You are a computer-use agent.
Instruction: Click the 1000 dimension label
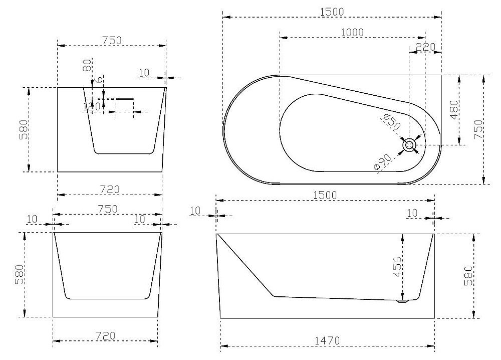click(x=352, y=33)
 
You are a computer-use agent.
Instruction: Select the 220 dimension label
click(x=425, y=47)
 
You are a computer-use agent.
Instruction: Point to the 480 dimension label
click(x=454, y=110)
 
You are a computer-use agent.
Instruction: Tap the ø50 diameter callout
click(x=391, y=121)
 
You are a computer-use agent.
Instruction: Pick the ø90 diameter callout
click(x=382, y=162)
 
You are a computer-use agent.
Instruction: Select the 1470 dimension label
click(x=327, y=341)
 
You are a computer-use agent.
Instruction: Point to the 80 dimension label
click(x=87, y=65)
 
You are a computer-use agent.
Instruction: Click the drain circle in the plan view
click(x=409, y=145)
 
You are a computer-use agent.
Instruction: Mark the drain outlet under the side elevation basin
click(x=403, y=301)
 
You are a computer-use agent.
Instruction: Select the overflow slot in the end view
click(x=125, y=99)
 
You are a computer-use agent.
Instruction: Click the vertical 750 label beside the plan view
click(x=478, y=129)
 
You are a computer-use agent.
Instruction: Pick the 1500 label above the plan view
click(x=332, y=12)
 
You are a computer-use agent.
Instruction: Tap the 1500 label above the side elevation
click(x=325, y=195)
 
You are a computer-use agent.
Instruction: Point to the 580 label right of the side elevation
click(x=468, y=276)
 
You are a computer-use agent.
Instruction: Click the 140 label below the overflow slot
click(x=92, y=106)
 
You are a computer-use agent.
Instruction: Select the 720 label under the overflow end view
click(x=110, y=190)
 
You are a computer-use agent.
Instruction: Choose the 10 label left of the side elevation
click(x=195, y=211)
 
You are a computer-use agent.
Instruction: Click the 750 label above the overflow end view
click(x=112, y=41)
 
